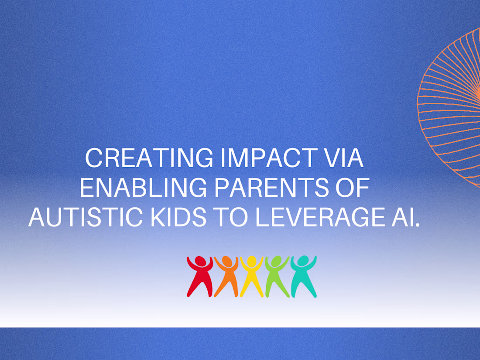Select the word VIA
point(344,158)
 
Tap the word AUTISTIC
point(86,217)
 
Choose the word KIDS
point(178,217)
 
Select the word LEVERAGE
point(319,217)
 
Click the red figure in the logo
point(200,276)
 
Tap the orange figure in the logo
point(226,276)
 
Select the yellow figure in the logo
point(252,276)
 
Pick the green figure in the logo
point(278,276)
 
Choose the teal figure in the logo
point(304,276)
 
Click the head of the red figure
point(201,261)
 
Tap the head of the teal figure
point(303,261)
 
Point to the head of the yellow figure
point(252,261)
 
